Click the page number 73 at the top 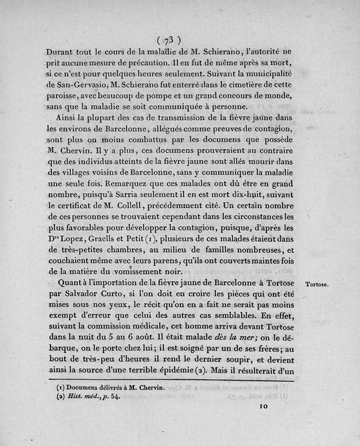tap(167, 39)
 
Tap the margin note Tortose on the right tap(317, 284)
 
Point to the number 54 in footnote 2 tap(115, 396)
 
